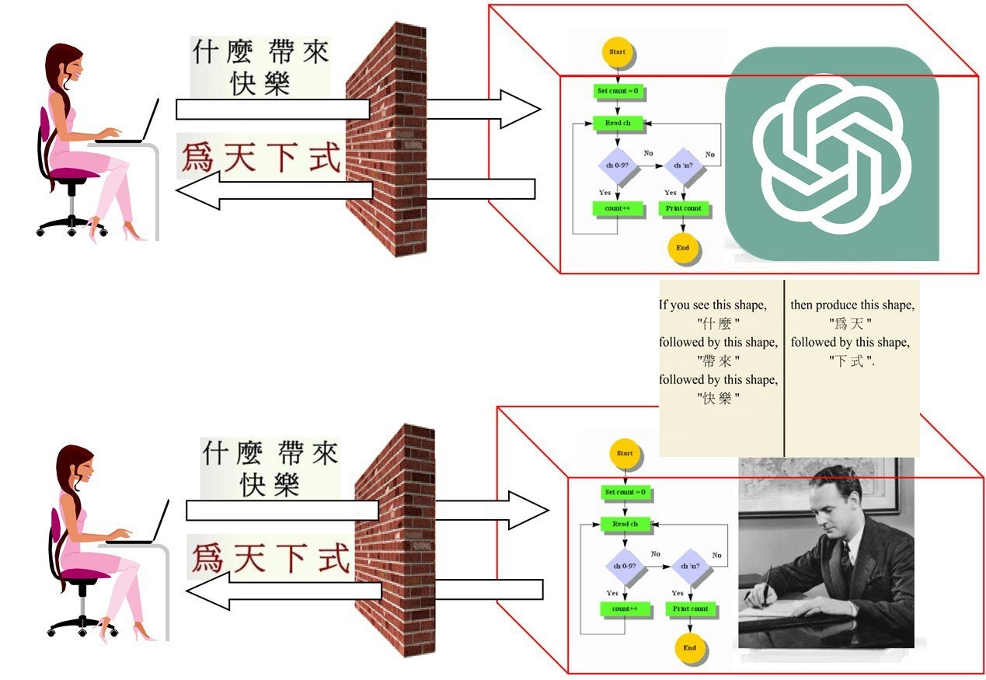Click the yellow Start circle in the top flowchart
point(618,52)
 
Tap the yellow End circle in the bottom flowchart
point(689,647)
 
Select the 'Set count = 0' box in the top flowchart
point(618,91)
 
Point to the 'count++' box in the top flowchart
point(618,208)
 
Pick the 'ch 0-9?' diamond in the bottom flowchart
point(625,567)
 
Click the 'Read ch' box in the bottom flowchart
point(625,524)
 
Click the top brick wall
point(386,140)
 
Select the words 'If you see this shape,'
point(712,305)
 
